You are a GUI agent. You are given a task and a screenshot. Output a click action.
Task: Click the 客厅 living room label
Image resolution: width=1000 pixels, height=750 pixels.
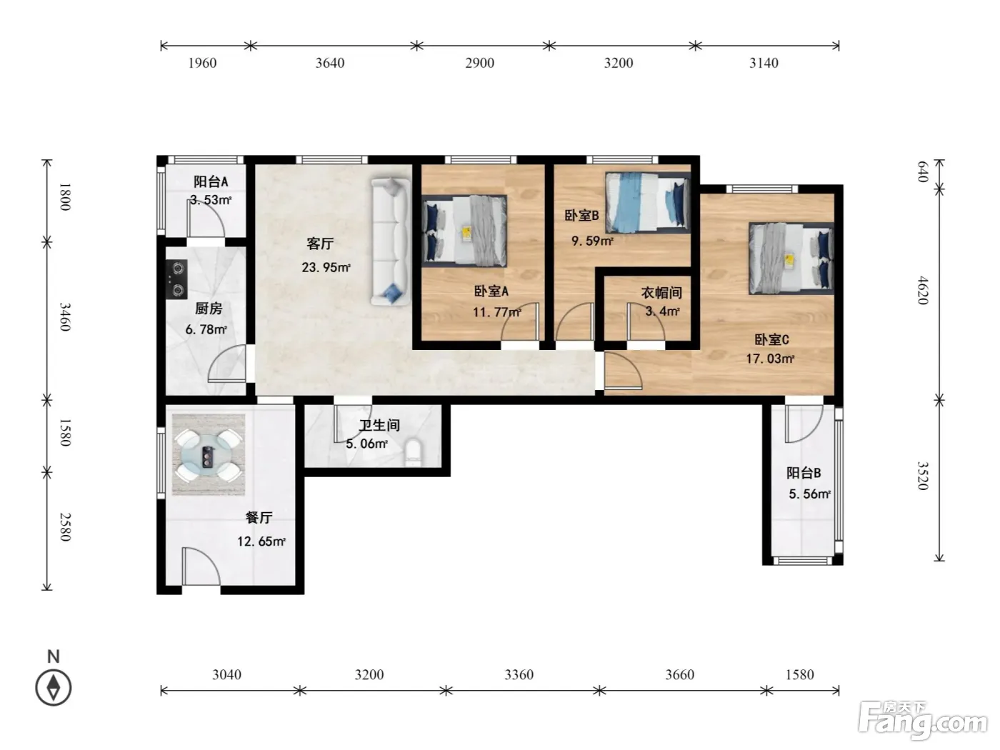click(x=320, y=244)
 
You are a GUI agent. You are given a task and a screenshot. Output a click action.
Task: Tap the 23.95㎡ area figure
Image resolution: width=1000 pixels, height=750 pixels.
click(x=326, y=267)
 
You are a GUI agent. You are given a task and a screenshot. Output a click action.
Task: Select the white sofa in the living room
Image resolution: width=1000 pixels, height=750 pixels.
click(x=391, y=241)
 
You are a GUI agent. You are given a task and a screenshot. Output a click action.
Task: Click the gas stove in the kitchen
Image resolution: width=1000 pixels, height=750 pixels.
click(x=176, y=279)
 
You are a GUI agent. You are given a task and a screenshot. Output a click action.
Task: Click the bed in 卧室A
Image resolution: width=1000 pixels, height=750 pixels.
click(x=464, y=231)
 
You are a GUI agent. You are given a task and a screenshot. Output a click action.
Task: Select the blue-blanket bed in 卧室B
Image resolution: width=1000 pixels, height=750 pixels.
click(x=647, y=202)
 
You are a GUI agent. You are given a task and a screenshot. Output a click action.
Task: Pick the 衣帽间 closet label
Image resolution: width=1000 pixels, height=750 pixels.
click(x=661, y=293)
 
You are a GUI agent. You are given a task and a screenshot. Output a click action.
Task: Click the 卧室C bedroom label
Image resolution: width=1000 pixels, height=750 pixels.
click(x=771, y=340)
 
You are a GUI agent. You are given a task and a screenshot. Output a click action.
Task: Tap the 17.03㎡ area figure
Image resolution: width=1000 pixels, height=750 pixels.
click(x=770, y=359)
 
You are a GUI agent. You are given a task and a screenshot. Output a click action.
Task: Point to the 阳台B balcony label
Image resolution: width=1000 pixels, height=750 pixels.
click(x=804, y=473)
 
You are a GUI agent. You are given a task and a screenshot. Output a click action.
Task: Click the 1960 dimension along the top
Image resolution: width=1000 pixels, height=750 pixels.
click(x=202, y=63)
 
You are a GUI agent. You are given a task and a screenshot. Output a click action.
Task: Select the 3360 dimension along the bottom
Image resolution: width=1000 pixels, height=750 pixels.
click(x=519, y=674)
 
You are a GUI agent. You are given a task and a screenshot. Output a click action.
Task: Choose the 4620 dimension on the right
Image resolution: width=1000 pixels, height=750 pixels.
click(x=923, y=290)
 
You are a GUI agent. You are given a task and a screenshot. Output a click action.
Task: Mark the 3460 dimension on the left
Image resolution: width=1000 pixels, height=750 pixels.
click(x=66, y=317)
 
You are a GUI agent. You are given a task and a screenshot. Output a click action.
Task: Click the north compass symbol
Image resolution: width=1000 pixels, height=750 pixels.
click(x=54, y=687)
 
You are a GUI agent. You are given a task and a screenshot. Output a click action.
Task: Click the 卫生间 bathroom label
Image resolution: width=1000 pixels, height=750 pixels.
click(x=379, y=425)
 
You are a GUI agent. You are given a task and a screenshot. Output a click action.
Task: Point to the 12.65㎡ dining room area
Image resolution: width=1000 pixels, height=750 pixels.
click(x=261, y=541)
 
